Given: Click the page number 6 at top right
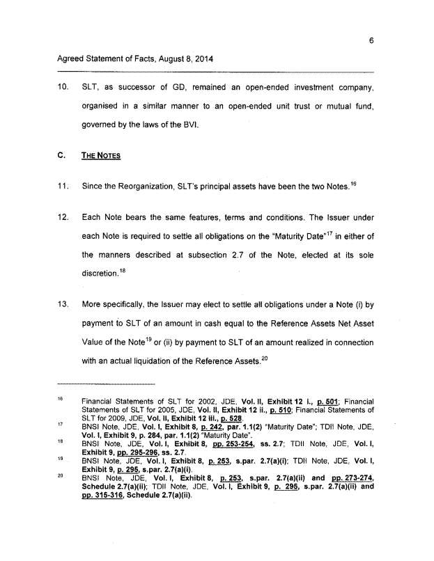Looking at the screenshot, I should click(x=372, y=40).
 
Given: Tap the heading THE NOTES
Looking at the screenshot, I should click(x=101, y=155).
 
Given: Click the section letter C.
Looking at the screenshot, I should click(x=61, y=155).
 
